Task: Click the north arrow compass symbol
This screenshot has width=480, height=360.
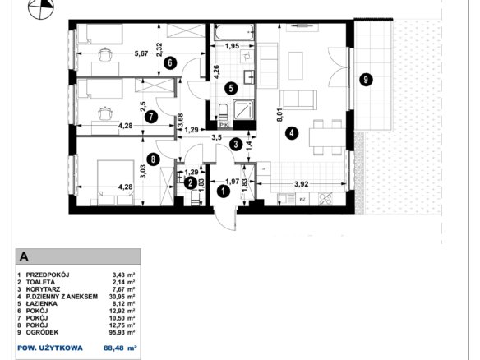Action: pyautogui.click(x=40, y=7)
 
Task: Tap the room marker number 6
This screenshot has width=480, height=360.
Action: pyautogui.click(x=170, y=63)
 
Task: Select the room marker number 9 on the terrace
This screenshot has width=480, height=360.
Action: pyautogui.click(x=366, y=80)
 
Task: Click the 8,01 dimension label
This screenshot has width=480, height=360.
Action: pyautogui.click(x=279, y=116)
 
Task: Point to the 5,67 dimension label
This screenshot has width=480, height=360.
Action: pyautogui.click(x=141, y=54)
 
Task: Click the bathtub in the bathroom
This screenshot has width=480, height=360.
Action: pyautogui.click(x=234, y=32)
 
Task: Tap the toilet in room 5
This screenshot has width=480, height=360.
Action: pyautogui.click(x=224, y=113)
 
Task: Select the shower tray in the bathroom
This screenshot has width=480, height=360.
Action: pyautogui.click(x=243, y=110)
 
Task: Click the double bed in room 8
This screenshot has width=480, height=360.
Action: pyautogui.click(x=116, y=182)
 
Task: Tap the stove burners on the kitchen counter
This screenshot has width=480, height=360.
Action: pyautogui.click(x=325, y=198)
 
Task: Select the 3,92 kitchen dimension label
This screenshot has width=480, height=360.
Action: pyautogui.click(x=301, y=184)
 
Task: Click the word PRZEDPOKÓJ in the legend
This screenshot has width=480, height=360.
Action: pyautogui.click(x=48, y=275)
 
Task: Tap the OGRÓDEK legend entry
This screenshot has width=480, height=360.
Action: pyautogui.click(x=42, y=332)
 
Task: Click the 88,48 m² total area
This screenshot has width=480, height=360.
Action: pyautogui.click(x=120, y=348)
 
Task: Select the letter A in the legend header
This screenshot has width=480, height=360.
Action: pyautogui.click(x=24, y=256)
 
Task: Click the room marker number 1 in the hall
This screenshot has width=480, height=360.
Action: pyautogui.click(x=224, y=192)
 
